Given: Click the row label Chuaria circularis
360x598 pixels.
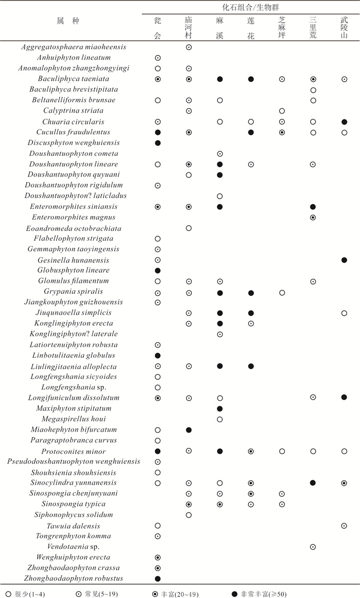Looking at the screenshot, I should (x=74, y=122).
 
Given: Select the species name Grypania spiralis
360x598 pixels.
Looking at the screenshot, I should (x=74, y=292).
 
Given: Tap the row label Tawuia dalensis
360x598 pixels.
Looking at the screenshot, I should (x=74, y=526).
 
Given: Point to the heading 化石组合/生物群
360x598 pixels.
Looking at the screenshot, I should (x=251, y=7).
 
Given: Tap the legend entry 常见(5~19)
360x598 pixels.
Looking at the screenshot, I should (x=99, y=593).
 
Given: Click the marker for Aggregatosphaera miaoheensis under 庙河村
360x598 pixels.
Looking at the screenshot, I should (x=189, y=47).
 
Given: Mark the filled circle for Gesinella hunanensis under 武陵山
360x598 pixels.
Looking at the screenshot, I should (x=344, y=260).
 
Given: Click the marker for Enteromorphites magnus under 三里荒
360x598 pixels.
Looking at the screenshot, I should (x=313, y=218).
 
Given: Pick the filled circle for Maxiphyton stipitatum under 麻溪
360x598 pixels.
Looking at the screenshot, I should (x=220, y=409).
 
